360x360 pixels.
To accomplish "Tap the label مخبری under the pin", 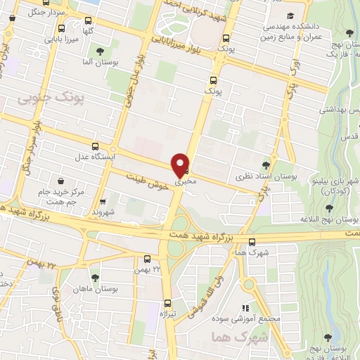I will [x=182, y=181].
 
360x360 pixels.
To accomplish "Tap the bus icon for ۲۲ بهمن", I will [x=147, y=259].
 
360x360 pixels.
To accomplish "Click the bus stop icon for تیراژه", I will [x=167, y=301].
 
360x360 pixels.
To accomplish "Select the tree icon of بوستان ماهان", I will [x=95, y=278].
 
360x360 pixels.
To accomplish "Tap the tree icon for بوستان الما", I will [x=101, y=51].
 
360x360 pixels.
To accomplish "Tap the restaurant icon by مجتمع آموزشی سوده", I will [x=245, y=307].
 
